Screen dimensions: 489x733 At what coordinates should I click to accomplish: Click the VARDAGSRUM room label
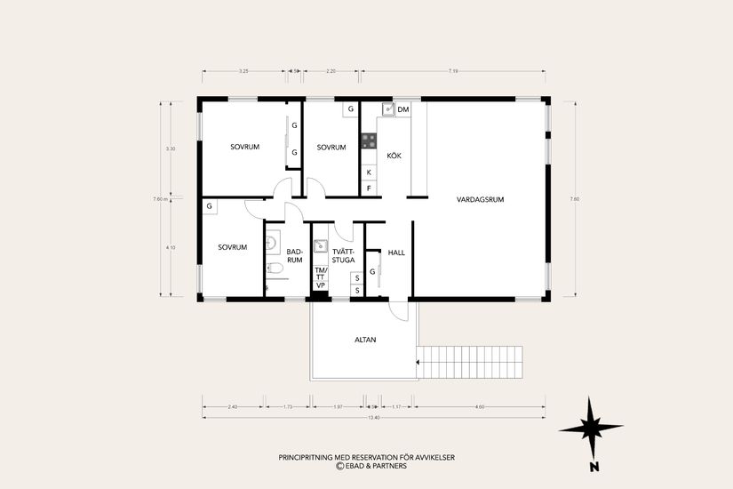coord(481,199)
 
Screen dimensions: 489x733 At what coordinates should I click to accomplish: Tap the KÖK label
coord(394,156)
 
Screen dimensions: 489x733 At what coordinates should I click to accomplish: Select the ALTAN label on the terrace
coord(365,340)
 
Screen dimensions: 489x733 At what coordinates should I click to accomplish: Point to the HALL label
coord(396,253)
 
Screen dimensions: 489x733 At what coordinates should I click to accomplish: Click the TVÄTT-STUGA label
coord(343,256)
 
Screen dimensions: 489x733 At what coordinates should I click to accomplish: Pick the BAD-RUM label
coord(295,256)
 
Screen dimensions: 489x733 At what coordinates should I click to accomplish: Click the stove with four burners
coord(369,140)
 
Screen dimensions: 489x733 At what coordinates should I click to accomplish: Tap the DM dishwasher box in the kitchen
coord(402,109)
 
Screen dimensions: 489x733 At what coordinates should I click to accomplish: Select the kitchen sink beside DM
coord(387,109)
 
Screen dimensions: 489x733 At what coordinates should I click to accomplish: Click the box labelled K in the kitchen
coord(369,172)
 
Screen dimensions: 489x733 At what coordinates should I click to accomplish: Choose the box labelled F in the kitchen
coord(369,188)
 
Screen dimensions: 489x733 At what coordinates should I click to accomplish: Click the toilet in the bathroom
coord(275,268)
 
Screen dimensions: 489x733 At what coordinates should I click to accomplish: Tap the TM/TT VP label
coord(321,277)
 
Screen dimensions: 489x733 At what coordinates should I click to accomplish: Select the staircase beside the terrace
coord(470,362)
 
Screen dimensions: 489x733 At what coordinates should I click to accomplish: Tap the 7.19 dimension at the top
coord(453,69)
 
